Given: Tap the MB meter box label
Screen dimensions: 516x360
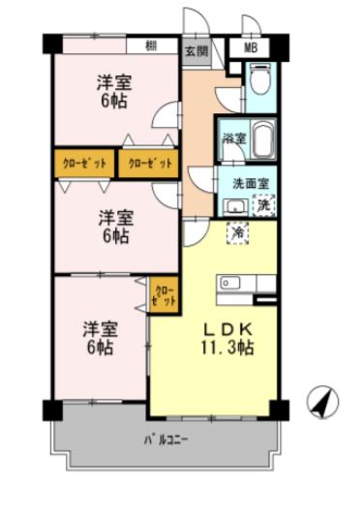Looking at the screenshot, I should pyautogui.click(x=251, y=47).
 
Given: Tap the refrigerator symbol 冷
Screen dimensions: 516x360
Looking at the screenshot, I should pyautogui.click(x=237, y=232).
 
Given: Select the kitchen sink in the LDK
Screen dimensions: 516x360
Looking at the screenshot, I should pyautogui.click(x=229, y=283).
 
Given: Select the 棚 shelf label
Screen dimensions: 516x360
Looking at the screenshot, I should pyautogui.click(x=152, y=46).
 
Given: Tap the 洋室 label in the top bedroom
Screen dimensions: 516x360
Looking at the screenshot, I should pyautogui.click(x=114, y=80).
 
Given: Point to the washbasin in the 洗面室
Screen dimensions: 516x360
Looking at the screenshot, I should pyautogui.click(x=232, y=204).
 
